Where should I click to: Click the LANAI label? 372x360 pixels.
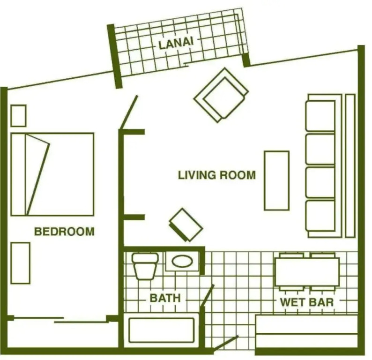click(176, 43)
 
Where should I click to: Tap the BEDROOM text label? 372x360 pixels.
click(64, 232)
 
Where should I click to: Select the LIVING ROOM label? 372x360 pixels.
click(217, 175)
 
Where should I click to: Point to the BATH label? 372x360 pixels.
click(165, 298)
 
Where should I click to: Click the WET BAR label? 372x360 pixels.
click(307, 302)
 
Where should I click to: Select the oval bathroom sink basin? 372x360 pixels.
click(182, 261)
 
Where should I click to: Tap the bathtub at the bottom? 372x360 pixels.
click(161, 330)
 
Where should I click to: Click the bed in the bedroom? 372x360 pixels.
click(52, 174)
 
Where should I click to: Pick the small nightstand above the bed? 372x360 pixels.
click(18, 116)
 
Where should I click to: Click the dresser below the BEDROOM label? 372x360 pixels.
click(21, 263)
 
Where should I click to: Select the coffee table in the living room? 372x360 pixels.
click(276, 180)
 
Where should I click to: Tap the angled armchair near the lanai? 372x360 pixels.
click(221, 95)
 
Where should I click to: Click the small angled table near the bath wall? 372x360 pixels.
click(186, 225)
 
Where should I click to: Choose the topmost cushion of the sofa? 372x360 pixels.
click(320, 116)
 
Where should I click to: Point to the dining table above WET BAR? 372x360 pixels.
click(307, 272)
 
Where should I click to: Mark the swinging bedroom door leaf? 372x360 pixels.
click(129, 112)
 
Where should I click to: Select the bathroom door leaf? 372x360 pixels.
click(207, 296)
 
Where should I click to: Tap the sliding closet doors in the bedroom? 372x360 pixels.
click(59, 320)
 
